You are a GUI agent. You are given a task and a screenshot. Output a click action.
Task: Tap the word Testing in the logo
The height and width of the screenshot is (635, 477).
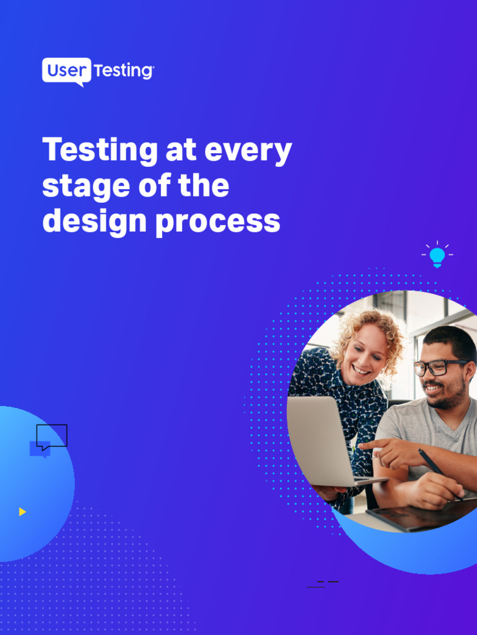(x=123, y=71)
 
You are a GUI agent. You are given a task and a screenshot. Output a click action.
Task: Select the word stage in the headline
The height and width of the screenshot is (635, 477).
(x=86, y=187)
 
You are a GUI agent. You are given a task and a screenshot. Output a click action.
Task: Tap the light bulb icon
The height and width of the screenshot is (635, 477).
(x=437, y=255)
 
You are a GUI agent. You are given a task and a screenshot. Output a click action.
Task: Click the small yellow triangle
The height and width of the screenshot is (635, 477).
(x=22, y=512)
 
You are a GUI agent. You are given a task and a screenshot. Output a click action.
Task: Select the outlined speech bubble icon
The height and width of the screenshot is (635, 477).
(x=52, y=436)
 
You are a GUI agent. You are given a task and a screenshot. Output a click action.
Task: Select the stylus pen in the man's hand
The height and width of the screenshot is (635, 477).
(x=435, y=468)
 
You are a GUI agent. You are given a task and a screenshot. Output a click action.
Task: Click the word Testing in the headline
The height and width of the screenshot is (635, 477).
(x=100, y=151)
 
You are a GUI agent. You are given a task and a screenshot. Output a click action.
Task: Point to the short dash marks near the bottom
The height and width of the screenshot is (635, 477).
(x=323, y=584)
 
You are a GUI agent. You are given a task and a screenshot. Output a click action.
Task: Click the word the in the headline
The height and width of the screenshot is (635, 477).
(x=202, y=186)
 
